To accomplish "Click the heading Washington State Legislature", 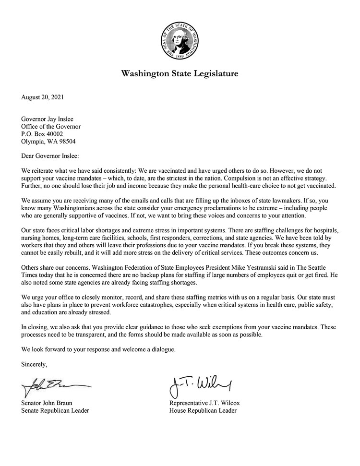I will pyautogui.click(x=180, y=74).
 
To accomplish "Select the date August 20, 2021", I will pyautogui.click(x=42, y=97).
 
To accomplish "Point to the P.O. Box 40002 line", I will pyautogui.click(x=42, y=134).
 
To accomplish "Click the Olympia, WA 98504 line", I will pyautogui.click(x=48, y=142).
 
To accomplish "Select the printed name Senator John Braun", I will pyautogui.click(x=49, y=403).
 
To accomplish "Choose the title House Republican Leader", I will pyautogui.click(x=203, y=410).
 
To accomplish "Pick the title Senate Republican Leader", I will pyautogui.click(x=55, y=410).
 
